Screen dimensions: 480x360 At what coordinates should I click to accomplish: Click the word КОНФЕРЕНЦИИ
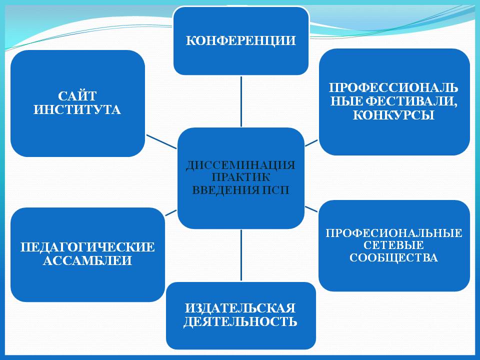click(x=240, y=40)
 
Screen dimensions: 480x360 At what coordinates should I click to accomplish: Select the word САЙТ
click(x=77, y=96)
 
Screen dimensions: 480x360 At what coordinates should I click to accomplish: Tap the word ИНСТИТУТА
click(x=77, y=109)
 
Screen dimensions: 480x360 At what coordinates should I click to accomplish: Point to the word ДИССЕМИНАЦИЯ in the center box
click(x=240, y=165)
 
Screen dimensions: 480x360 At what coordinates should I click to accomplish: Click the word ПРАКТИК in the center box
click(x=241, y=177)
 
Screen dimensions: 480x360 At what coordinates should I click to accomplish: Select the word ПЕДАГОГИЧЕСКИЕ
click(x=87, y=247)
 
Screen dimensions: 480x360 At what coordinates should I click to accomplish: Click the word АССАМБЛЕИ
click(x=87, y=260)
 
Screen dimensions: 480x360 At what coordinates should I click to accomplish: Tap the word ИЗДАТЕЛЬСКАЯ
click(x=240, y=308)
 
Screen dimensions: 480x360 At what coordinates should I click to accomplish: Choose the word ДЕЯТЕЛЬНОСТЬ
click(x=240, y=321)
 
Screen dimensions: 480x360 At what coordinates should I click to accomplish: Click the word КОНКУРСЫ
click(x=393, y=115)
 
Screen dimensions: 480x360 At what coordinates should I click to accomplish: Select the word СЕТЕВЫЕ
click(x=393, y=245)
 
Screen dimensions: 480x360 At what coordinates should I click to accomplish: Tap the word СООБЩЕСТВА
click(x=393, y=258)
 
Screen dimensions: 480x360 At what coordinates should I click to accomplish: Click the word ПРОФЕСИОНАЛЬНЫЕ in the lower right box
click(x=394, y=233)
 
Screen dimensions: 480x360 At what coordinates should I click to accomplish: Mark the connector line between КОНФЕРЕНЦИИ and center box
click(x=241, y=101)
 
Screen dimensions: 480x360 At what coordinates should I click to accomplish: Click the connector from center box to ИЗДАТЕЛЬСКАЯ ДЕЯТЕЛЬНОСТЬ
click(x=241, y=255)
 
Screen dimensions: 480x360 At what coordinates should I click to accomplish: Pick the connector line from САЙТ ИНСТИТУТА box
click(x=161, y=141)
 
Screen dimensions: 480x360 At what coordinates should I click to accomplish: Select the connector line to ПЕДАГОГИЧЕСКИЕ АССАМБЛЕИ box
click(x=171, y=213)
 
